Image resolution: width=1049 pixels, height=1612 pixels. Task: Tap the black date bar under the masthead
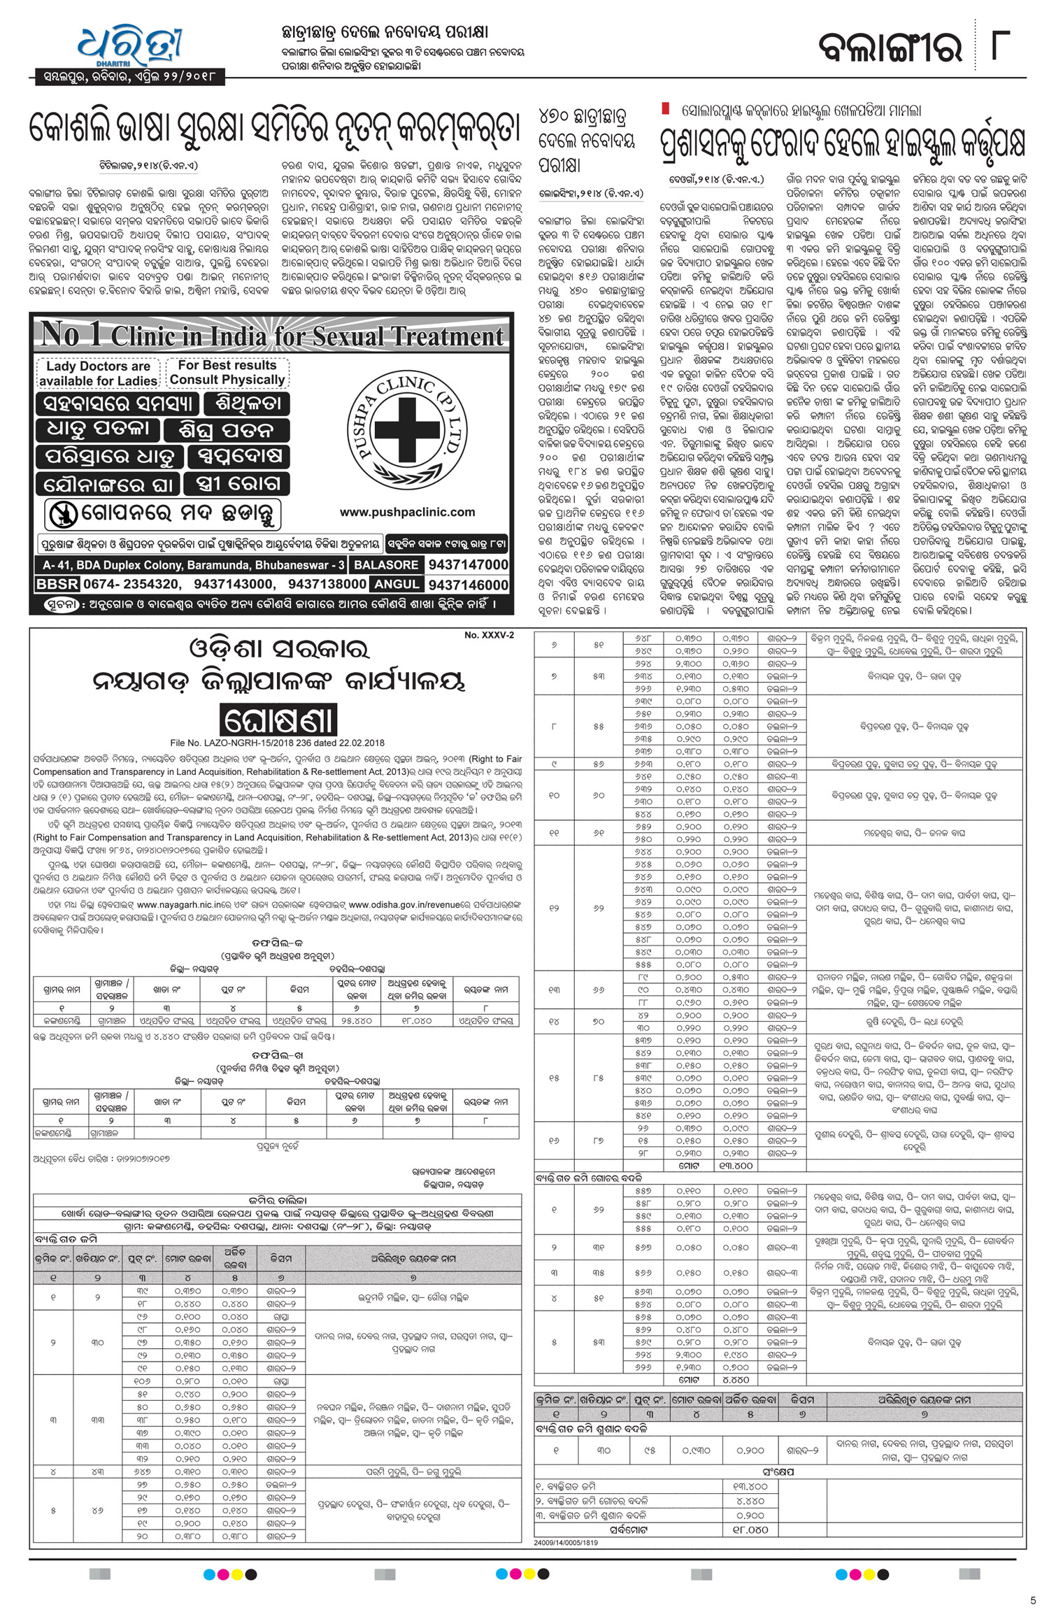click(x=130, y=76)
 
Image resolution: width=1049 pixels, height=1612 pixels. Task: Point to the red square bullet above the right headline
click(x=666, y=109)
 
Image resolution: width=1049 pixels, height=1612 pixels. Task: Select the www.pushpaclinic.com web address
click(x=407, y=512)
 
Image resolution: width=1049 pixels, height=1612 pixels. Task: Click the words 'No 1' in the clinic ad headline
click(x=71, y=334)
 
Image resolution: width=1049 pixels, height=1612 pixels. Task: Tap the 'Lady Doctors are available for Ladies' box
click(x=98, y=373)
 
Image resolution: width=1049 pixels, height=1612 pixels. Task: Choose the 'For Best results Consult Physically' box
click(x=227, y=373)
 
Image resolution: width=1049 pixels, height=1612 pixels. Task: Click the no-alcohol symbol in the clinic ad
click(x=63, y=515)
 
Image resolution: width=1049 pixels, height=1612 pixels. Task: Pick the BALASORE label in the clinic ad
click(x=386, y=564)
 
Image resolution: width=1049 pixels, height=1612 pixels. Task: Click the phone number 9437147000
click(x=468, y=564)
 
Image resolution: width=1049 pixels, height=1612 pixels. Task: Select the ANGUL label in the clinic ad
click(x=397, y=584)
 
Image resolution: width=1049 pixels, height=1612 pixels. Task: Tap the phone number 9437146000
click(x=468, y=585)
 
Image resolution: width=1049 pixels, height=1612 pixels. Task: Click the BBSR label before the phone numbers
click(x=57, y=584)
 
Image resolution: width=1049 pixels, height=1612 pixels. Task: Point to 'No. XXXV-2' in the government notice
click(x=489, y=635)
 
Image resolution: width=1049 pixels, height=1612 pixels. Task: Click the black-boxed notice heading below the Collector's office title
click(x=278, y=720)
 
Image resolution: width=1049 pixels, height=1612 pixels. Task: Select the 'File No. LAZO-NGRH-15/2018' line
click(x=277, y=743)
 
